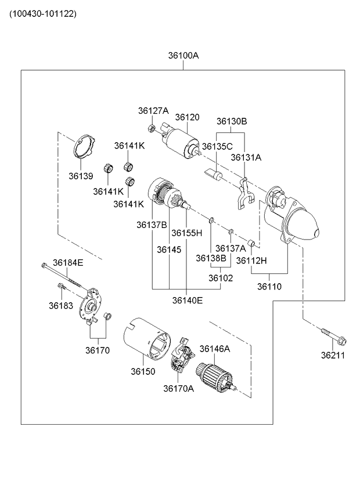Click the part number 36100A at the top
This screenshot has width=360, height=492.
tap(183, 56)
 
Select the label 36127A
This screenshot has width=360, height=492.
tap(153, 110)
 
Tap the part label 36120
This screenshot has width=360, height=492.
tap(187, 117)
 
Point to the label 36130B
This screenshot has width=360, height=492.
tap(232, 121)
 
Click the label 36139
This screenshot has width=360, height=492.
tap(81, 176)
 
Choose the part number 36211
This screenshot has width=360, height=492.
tap(333, 355)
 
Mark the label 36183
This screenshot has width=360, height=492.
tap(60, 305)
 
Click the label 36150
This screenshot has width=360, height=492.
tap(142, 371)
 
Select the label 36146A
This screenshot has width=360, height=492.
tap(215, 349)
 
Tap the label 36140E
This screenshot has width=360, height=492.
tap(187, 300)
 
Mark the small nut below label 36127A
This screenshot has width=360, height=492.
tap(150, 128)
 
